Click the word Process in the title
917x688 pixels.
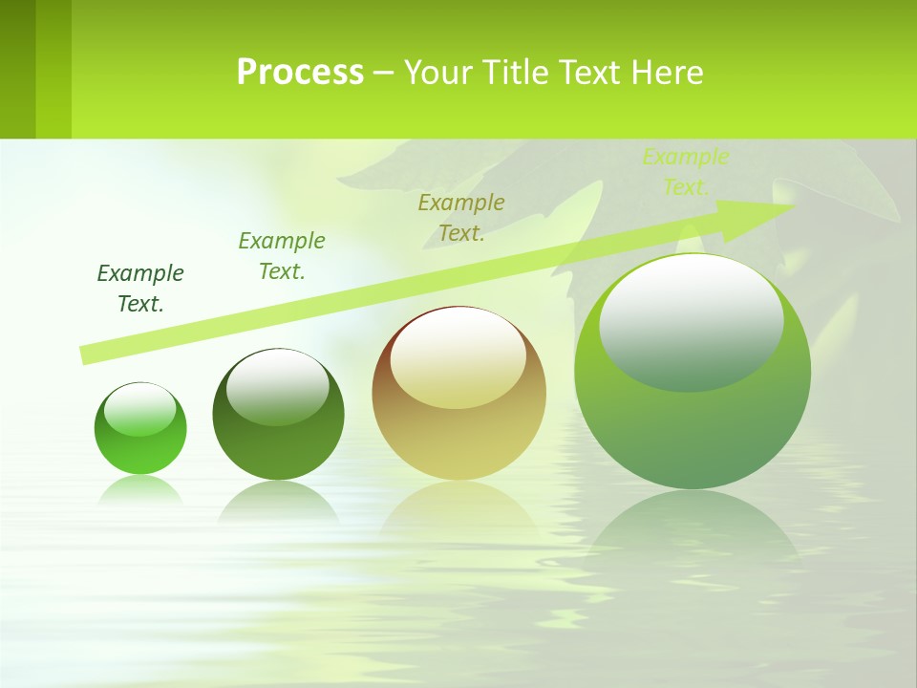pyautogui.click(x=300, y=73)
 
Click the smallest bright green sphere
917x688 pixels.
pyautogui.click(x=140, y=428)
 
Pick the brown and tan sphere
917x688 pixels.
pyautogui.click(x=458, y=394)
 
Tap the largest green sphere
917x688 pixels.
pyautogui.click(x=693, y=372)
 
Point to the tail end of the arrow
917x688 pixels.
pyautogui.click(x=84, y=355)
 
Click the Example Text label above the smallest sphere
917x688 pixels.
pyautogui.click(x=140, y=289)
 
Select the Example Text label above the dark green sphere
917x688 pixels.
pyautogui.click(x=281, y=256)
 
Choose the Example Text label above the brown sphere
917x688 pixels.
pyautogui.click(x=461, y=218)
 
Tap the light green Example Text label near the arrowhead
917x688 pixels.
pyautogui.click(x=685, y=172)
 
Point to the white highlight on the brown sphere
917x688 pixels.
pyautogui.click(x=458, y=355)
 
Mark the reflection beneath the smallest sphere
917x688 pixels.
pyautogui.click(x=140, y=490)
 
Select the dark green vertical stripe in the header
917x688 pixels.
pyautogui.click(x=17, y=69)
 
